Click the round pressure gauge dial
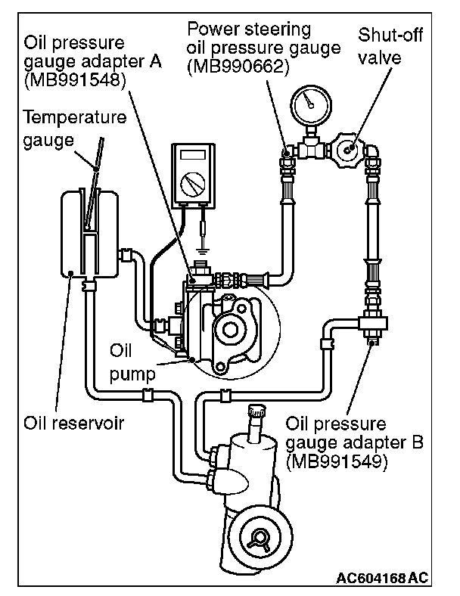coord(311,105)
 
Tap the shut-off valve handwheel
coord(348,149)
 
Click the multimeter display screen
coord(193,155)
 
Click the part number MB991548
coord(75,80)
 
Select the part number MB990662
coord(238,67)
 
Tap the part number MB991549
coord(337,462)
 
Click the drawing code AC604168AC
coord(382,578)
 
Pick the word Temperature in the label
coord(74,116)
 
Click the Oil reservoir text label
coord(73,423)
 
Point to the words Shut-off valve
coord(390,46)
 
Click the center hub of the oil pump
coord(229,330)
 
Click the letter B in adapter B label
coord(418,442)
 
